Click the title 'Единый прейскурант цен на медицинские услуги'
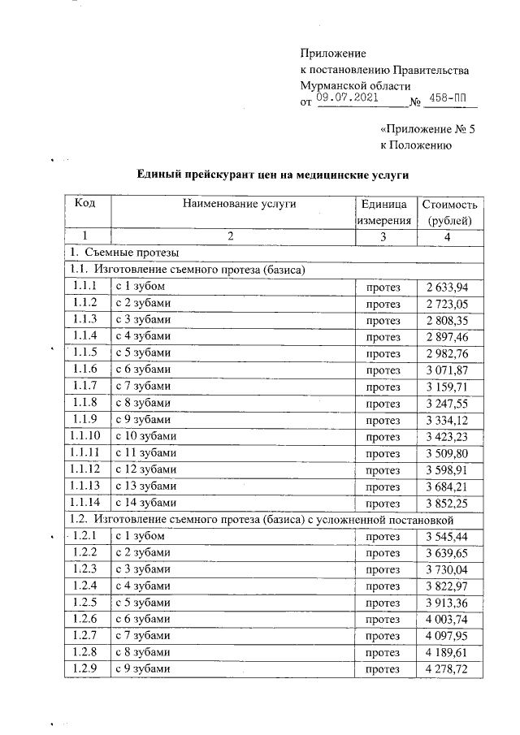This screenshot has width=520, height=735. (271, 174)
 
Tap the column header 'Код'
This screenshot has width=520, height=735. (85, 204)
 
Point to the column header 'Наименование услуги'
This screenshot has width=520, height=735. (232, 204)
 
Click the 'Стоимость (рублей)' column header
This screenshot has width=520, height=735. (450, 212)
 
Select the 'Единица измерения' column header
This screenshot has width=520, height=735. (383, 212)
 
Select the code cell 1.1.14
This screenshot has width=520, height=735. (85, 504)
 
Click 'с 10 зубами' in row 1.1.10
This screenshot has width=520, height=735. (145, 436)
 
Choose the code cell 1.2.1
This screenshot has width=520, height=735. (85, 537)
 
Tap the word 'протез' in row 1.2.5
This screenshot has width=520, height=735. (383, 603)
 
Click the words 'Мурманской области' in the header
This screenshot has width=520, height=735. (355, 85)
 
